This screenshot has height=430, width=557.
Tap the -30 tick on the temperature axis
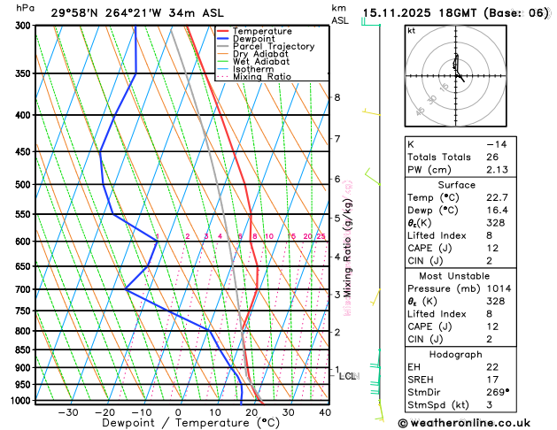(67, 412)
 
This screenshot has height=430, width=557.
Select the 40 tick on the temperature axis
(325, 412)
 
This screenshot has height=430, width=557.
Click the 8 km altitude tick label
(337, 97)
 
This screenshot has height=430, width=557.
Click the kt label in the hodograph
(411, 30)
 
